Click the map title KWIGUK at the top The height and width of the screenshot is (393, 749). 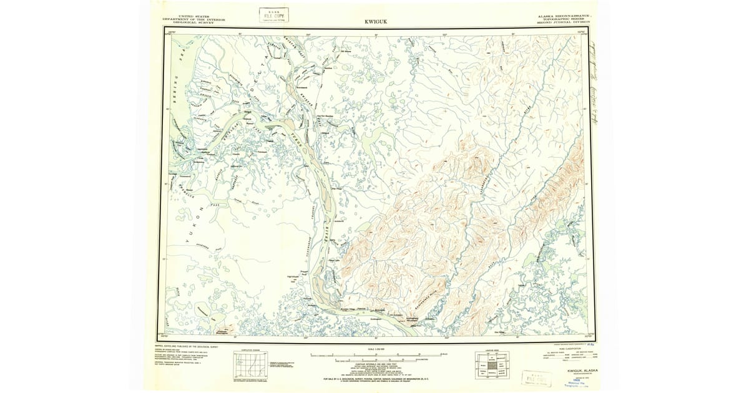(374, 22)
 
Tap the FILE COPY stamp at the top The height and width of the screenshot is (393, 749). (275, 15)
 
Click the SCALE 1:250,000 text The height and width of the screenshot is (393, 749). (374, 349)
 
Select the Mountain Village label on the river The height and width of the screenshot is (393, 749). (350, 309)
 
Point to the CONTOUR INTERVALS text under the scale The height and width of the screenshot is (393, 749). (374, 366)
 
